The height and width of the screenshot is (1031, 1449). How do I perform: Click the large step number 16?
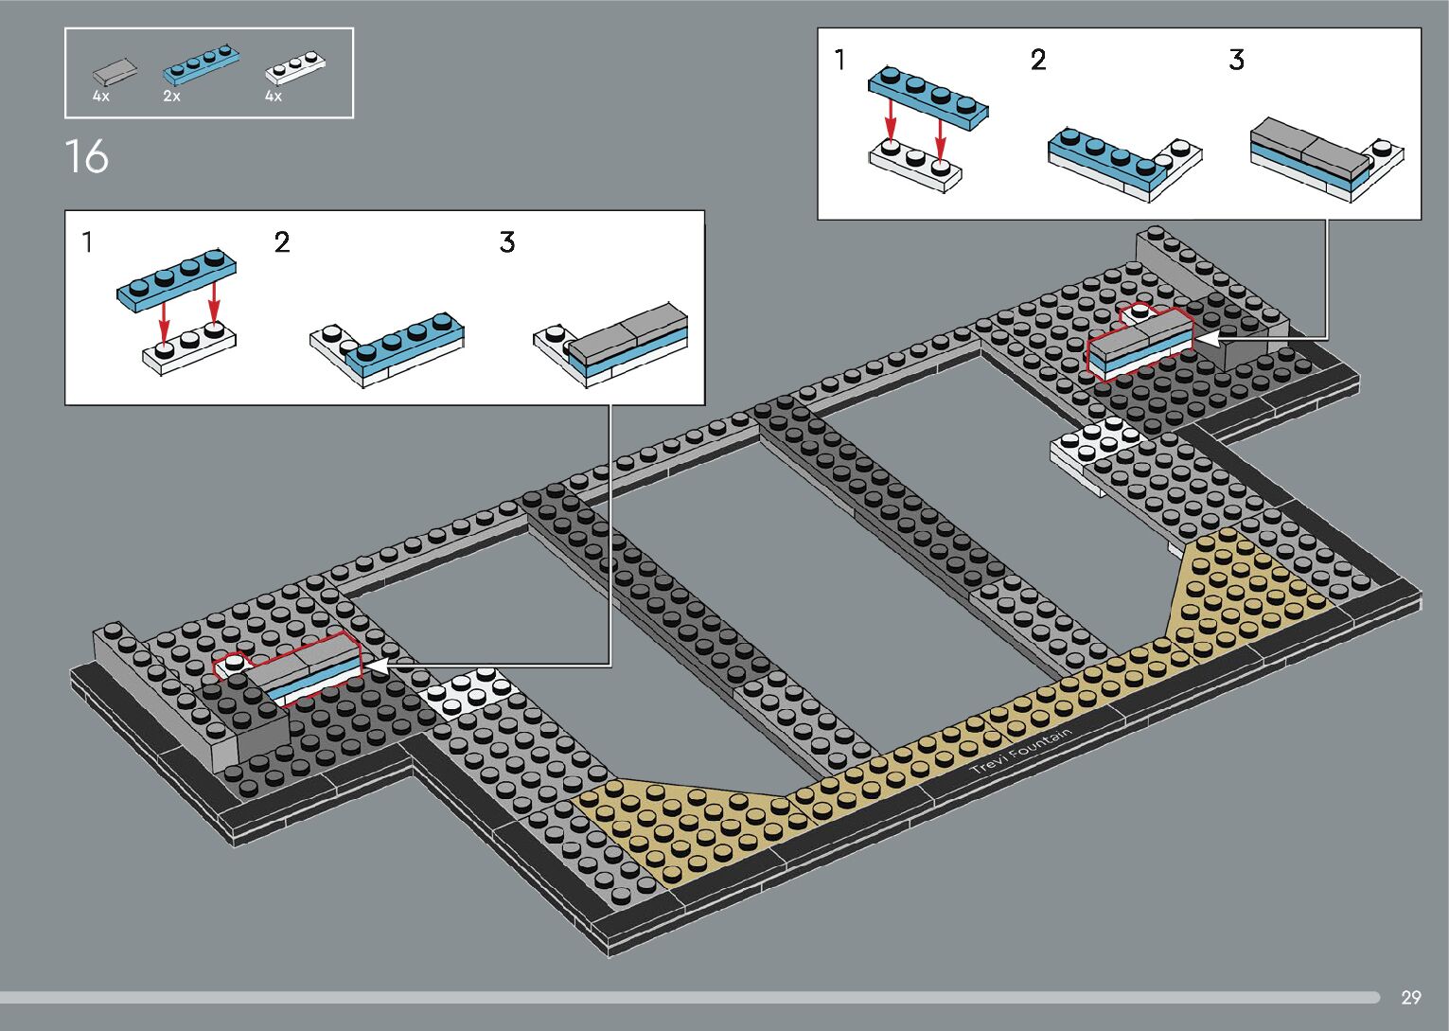tap(87, 157)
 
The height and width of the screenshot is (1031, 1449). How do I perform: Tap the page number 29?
tap(1410, 997)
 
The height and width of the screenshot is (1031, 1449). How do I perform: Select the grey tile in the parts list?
tap(115, 72)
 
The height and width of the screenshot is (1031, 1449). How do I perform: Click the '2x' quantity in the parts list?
tap(171, 97)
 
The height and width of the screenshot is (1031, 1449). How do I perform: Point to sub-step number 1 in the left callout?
tap(88, 243)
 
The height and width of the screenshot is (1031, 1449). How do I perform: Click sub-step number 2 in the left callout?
tap(281, 243)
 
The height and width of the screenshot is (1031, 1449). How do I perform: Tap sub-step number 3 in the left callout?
tap(507, 243)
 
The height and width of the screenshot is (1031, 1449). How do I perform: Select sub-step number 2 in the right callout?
tap(1038, 61)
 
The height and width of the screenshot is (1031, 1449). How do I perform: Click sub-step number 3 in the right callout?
tap(1236, 61)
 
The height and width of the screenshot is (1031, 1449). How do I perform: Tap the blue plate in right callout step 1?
tap(928, 96)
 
